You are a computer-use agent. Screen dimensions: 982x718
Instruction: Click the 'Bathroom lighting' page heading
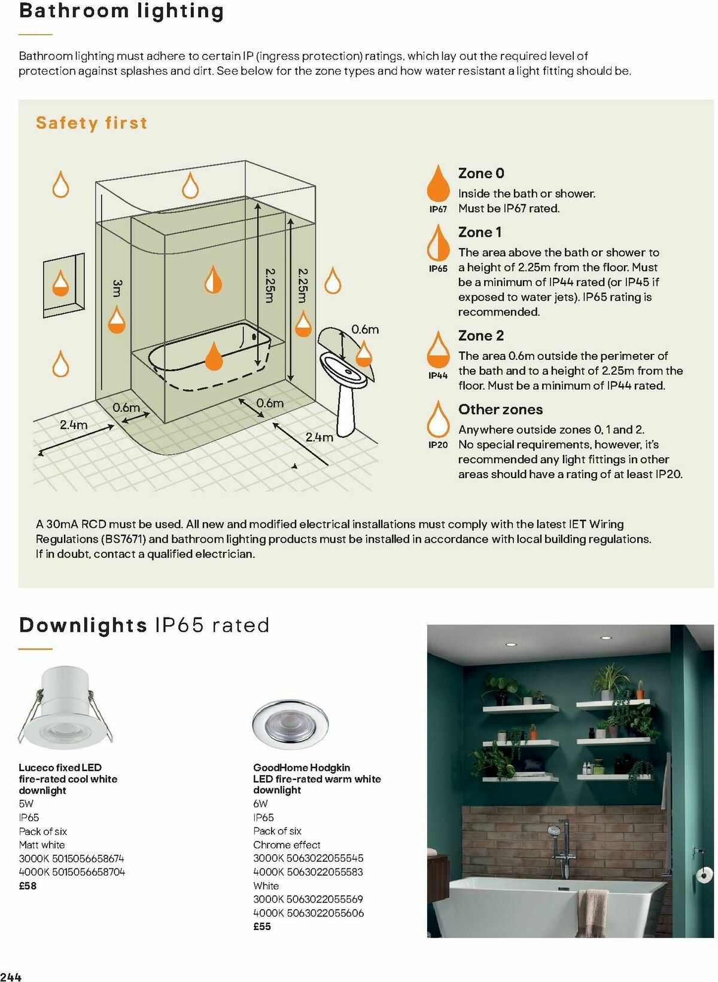pos(121,11)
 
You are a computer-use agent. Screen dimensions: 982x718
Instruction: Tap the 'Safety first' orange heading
pos(92,123)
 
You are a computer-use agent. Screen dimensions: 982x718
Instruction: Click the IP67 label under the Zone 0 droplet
pos(438,209)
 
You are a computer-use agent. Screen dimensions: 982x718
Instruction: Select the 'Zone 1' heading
pos(480,232)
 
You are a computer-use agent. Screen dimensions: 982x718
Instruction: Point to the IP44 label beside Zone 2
pos(438,375)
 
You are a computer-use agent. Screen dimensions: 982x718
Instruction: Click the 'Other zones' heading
pos(500,409)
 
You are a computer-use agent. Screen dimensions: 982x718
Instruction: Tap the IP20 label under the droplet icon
pos(438,445)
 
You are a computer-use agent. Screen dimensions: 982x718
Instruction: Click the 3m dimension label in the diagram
pos(117,287)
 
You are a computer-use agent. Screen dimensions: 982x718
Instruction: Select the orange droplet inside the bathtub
pos(214,356)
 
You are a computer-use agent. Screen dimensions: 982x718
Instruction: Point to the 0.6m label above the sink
pos(364,329)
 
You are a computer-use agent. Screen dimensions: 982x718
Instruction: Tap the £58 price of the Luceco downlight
pos(28,886)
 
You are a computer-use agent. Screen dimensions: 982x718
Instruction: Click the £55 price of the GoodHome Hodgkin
pos(262,926)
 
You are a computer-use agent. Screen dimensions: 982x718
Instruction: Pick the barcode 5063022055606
pos(325,913)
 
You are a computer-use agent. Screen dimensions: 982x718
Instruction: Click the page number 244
pos(11,977)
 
